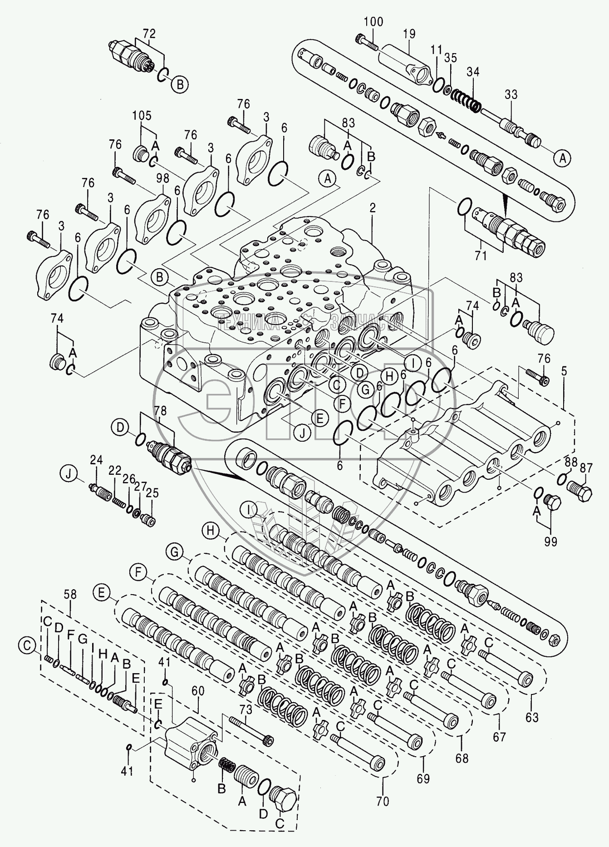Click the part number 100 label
click(x=373, y=21)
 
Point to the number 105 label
click(x=142, y=116)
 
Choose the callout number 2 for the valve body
click(x=373, y=209)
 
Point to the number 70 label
click(x=383, y=802)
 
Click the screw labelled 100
click(x=368, y=43)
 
